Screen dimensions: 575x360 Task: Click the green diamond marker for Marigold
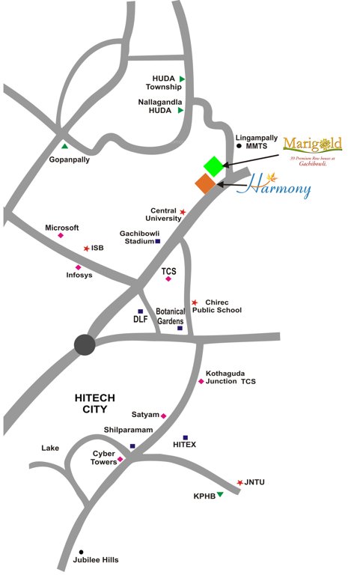[x=214, y=165]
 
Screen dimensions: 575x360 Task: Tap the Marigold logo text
[x=313, y=144]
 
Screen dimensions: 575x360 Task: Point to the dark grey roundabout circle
[x=85, y=344]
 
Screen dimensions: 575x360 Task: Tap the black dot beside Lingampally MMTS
[x=240, y=147]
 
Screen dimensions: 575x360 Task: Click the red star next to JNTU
[x=240, y=482]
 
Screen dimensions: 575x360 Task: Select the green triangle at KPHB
[x=220, y=494]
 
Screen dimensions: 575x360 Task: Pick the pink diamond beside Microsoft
[x=61, y=236]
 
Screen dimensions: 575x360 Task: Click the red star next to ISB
[x=87, y=248]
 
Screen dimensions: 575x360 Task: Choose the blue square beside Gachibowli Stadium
[x=158, y=241]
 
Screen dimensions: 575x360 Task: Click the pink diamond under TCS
[x=168, y=279]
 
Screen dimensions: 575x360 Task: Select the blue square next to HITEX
[x=185, y=437]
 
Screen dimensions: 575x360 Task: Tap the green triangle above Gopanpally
[x=65, y=146]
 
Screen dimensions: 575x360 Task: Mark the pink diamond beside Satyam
[x=164, y=416]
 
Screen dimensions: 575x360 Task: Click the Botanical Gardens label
[x=170, y=315]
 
